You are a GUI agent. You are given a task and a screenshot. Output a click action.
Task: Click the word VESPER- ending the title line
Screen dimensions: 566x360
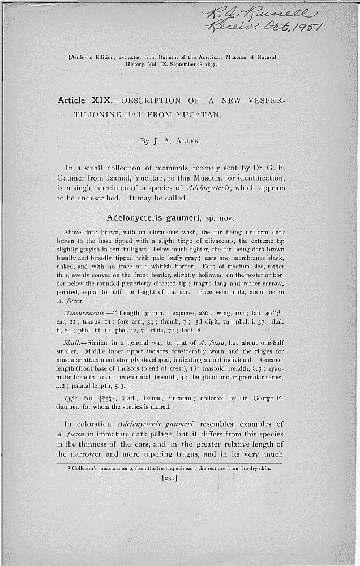(266, 101)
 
